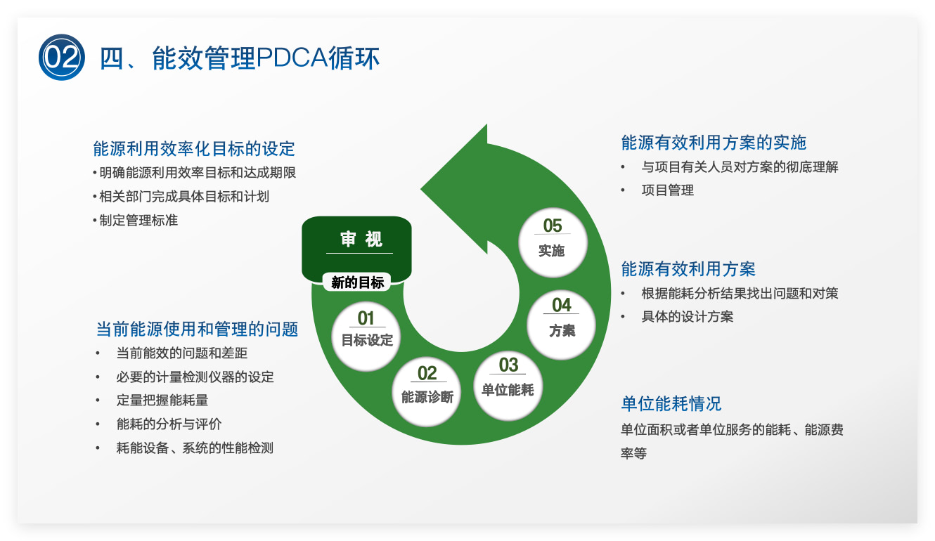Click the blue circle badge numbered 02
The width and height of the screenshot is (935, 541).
[62, 57]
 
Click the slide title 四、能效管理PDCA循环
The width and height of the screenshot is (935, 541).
[240, 58]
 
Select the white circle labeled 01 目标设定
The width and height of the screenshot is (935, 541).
[366, 337]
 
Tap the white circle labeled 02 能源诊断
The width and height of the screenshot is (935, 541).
[427, 391]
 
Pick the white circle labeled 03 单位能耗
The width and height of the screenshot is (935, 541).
[508, 386]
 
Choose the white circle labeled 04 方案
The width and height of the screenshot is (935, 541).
[562, 325]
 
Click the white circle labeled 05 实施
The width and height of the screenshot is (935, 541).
[553, 242]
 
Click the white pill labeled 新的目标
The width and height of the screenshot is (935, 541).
[357, 282]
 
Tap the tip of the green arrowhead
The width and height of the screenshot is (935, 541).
[420, 189]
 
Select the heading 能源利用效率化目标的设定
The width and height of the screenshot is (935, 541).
[194, 148]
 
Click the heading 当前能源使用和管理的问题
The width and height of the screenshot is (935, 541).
[197, 329]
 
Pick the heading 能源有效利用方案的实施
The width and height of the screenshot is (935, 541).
[714, 143]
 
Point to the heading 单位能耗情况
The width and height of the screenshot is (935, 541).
[671, 403]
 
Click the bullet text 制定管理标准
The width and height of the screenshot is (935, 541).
[138, 220]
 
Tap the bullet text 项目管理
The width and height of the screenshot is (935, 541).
[667, 190]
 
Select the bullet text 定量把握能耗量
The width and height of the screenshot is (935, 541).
[162, 400]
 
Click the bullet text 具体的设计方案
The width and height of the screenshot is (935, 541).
[687, 317]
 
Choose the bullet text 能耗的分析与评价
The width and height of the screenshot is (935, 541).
[169, 424]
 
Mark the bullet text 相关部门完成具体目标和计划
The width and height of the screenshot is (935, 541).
[184, 197]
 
